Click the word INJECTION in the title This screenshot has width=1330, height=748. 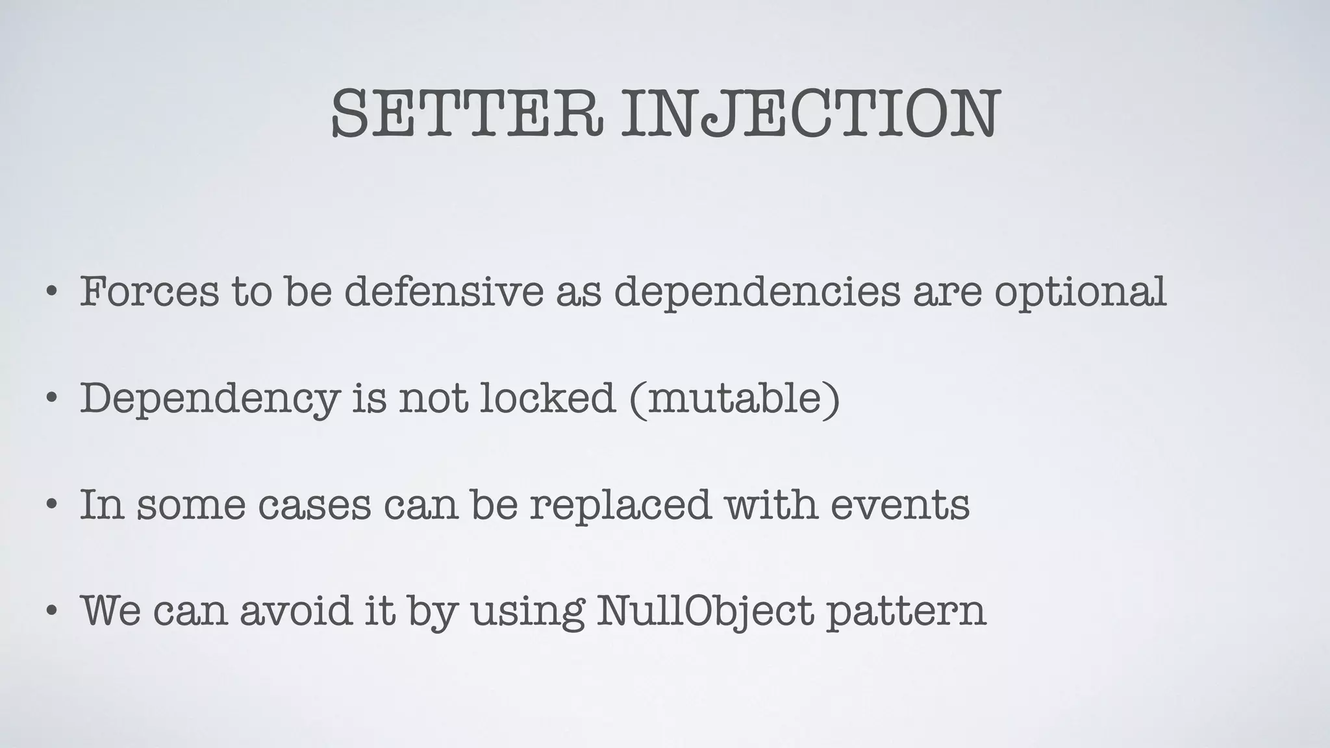point(810,114)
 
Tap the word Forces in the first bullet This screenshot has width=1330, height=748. point(149,292)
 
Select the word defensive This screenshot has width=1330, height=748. point(444,292)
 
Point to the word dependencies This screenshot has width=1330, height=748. point(757,293)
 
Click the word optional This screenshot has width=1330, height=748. point(1080,293)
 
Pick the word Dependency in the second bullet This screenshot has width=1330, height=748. point(209,399)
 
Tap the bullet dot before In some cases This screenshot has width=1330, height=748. point(51,505)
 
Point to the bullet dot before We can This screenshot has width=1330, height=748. point(51,611)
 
